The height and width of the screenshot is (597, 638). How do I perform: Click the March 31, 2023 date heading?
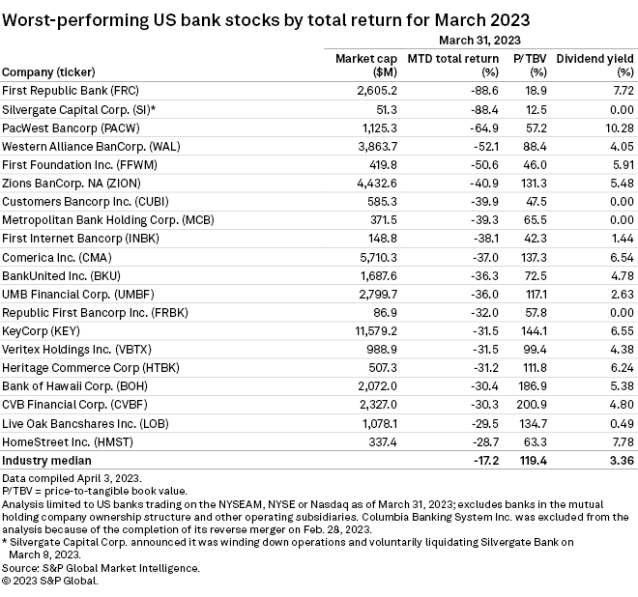479,40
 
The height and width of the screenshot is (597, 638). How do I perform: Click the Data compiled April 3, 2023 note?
75,478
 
